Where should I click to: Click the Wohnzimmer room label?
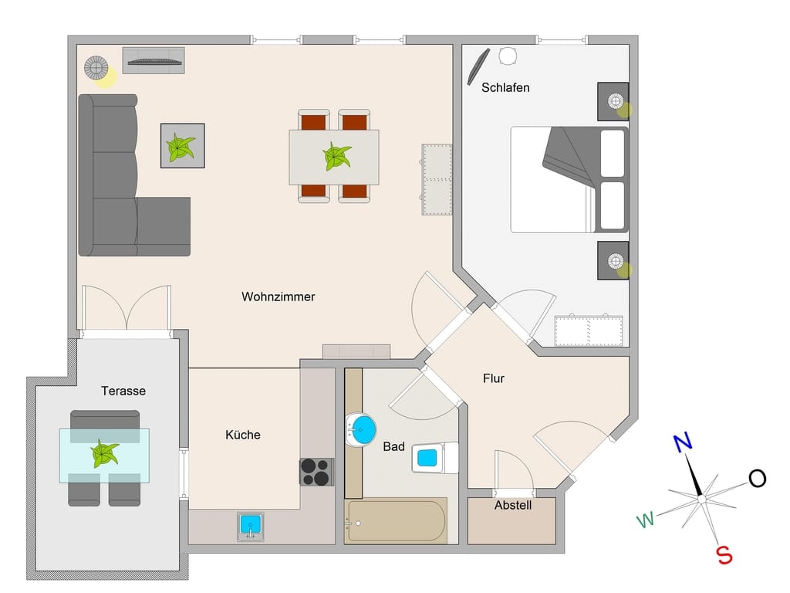point(278,296)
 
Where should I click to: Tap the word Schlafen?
point(505,88)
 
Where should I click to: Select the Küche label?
point(243,435)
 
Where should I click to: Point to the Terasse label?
point(123,391)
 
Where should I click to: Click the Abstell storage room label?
point(513,505)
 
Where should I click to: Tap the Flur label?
point(494,378)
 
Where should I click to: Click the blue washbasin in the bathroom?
point(361,430)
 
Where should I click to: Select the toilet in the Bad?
point(435,457)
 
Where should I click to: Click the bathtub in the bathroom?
point(396,521)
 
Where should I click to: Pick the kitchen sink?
point(251,527)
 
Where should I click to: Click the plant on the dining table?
point(336,156)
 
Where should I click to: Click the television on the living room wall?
point(154,62)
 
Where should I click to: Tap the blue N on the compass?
point(683,442)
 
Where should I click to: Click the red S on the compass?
point(724,555)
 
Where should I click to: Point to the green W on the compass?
point(646,520)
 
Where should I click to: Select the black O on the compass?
point(757,478)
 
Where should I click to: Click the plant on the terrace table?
point(105,453)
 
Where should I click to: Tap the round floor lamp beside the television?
point(96,68)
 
